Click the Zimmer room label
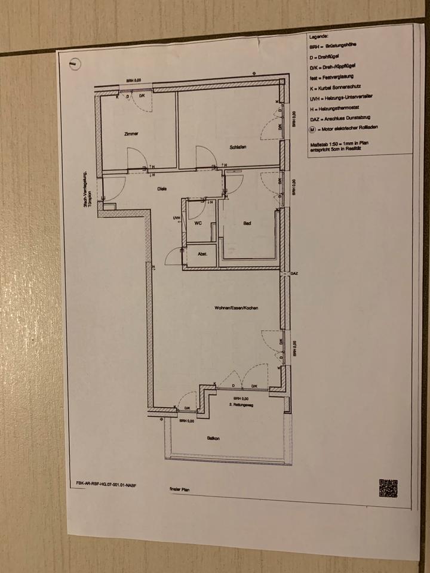click(x=131, y=134)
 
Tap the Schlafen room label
click(x=238, y=147)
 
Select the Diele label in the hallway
click(x=161, y=189)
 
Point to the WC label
click(x=198, y=224)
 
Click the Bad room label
click(x=246, y=224)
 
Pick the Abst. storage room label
click(x=202, y=254)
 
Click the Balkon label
click(x=213, y=439)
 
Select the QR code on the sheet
click(x=388, y=488)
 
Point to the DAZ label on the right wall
click(x=294, y=274)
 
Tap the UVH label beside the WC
click(x=176, y=218)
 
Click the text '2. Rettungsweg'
click(x=241, y=405)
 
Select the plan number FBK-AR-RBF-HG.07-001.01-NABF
click(x=110, y=484)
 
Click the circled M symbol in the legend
click(x=313, y=128)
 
